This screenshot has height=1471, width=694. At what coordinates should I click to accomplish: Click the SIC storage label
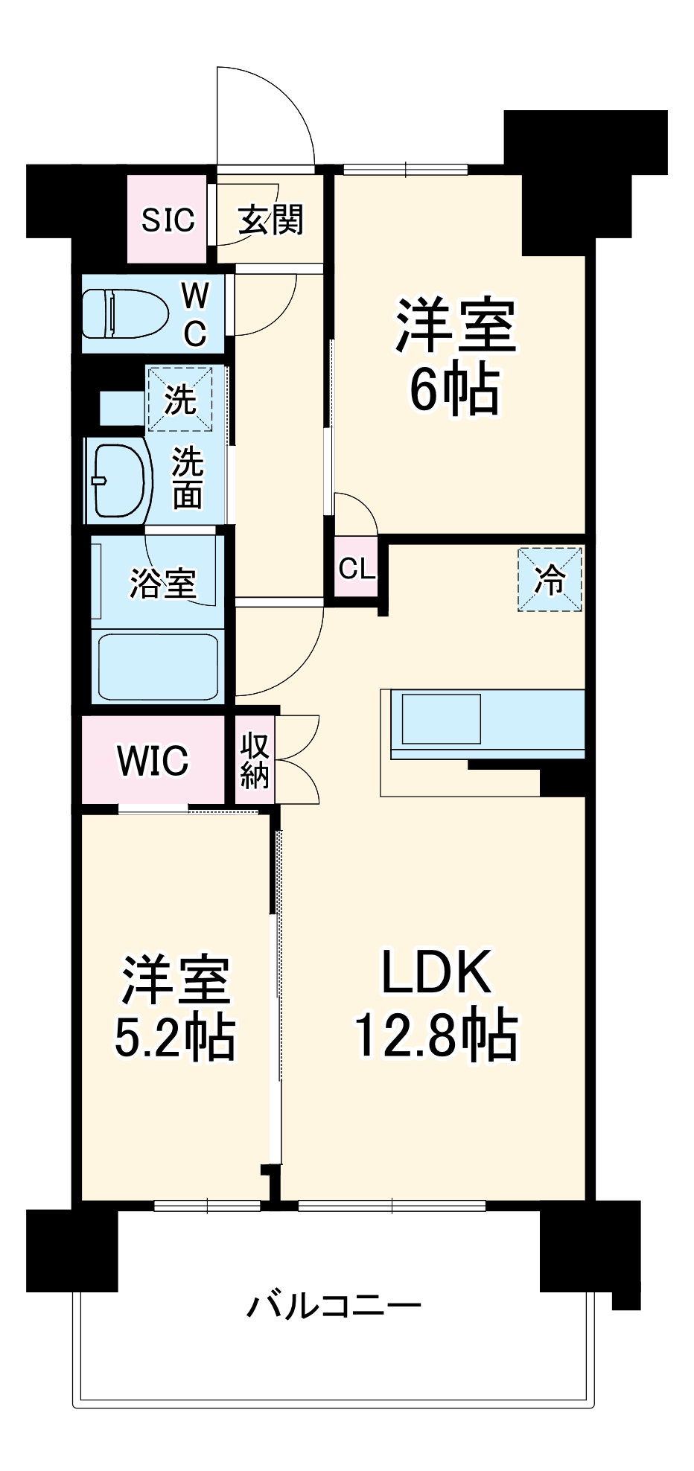coord(168,220)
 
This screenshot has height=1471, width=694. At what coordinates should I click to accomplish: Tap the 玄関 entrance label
coord(271,220)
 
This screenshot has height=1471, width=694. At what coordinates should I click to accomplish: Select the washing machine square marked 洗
coord(179,399)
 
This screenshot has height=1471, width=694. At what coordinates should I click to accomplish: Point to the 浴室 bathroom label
coord(163,582)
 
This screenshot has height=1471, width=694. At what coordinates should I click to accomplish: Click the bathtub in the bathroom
coord(157,666)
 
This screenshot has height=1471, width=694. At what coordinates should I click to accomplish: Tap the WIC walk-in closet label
coord(153,760)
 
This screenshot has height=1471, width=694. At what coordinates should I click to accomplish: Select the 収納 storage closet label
coord(255,760)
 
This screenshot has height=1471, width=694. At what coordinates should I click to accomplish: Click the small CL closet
coord(357,569)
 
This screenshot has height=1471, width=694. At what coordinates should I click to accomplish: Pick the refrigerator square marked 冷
coord(550,579)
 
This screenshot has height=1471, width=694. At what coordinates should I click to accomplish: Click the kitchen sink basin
coord(441,719)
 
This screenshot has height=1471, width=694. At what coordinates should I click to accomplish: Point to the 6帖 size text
coord(454,389)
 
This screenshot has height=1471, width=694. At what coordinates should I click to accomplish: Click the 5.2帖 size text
coord(175,1036)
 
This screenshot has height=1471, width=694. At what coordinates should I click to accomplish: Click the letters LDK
coord(436,971)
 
